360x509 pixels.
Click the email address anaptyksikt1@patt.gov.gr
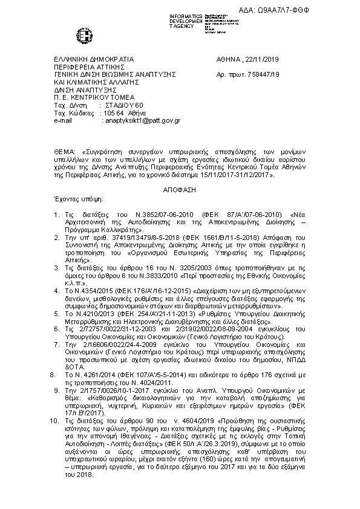tap(142, 120)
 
